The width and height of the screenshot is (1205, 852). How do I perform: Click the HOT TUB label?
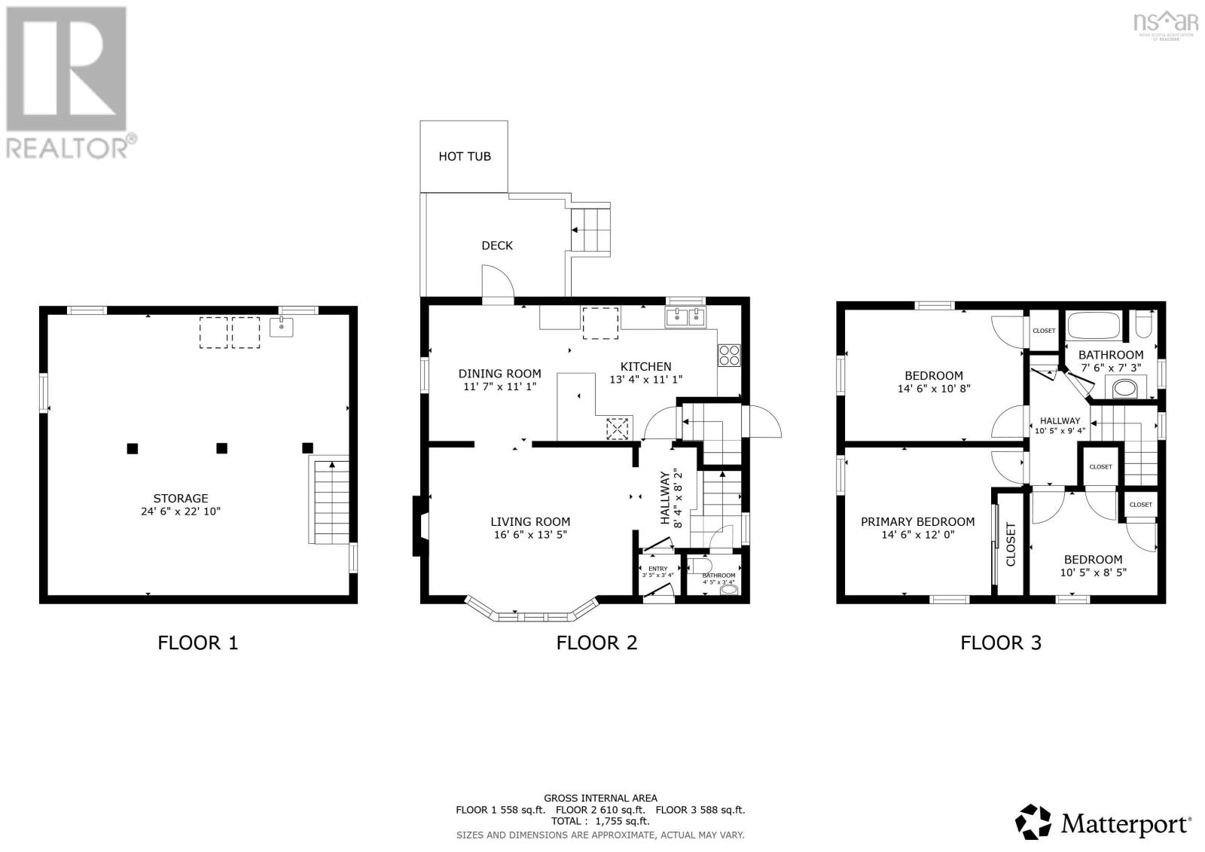click(x=464, y=156)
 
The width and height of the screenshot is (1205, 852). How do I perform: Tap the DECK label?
click(x=496, y=245)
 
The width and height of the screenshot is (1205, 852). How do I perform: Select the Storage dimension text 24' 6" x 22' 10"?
click(x=180, y=512)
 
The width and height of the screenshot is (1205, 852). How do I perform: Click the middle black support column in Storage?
click(x=221, y=448)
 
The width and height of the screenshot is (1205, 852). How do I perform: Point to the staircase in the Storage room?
click(x=331, y=502)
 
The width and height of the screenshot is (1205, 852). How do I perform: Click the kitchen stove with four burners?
click(x=728, y=354)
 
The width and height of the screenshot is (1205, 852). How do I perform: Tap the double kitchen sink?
click(x=686, y=318)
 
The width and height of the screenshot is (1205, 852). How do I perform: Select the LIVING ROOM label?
click(x=529, y=521)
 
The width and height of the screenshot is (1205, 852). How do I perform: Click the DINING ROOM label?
click(x=499, y=373)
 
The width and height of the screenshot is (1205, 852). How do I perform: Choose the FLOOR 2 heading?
click(x=596, y=643)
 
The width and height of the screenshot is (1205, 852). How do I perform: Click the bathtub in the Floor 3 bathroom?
click(x=1093, y=326)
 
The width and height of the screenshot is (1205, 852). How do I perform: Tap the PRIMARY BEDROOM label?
click(x=917, y=521)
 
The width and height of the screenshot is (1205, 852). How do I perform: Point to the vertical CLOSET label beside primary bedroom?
click(x=1011, y=544)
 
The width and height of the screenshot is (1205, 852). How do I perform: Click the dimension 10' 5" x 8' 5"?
click(x=1092, y=573)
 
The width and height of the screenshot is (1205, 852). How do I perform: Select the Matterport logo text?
click(x=1125, y=823)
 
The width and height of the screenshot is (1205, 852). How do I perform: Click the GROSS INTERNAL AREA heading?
click(x=600, y=798)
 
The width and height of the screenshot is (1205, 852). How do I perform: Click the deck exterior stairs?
click(x=590, y=230)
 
